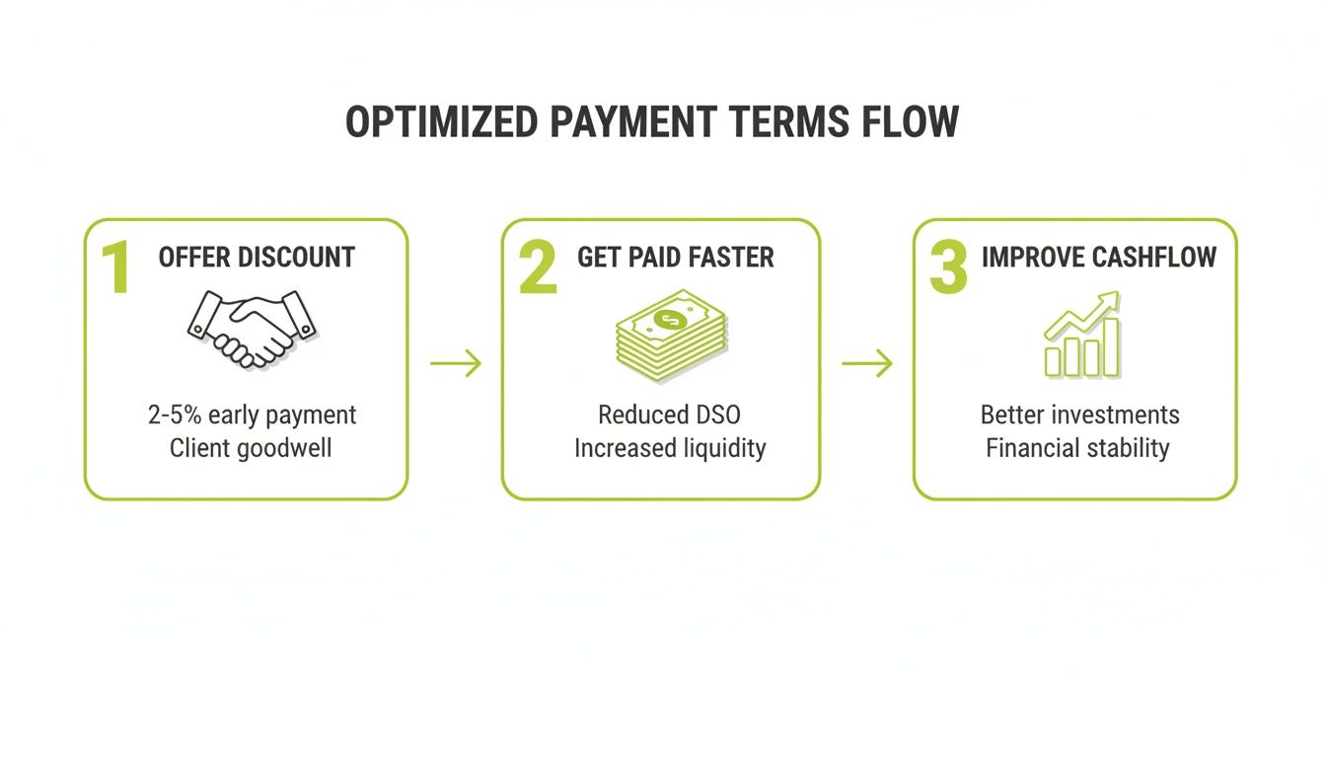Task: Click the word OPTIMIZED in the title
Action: click(x=441, y=122)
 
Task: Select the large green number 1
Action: click(x=117, y=266)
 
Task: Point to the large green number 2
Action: click(x=538, y=266)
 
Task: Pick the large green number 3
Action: click(x=948, y=266)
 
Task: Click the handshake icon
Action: click(x=251, y=329)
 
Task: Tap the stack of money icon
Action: click(x=671, y=336)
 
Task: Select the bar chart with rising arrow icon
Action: click(x=1081, y=336)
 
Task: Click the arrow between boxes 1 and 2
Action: click(x=456, y=363)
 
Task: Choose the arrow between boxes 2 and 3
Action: click(x=867, y=363)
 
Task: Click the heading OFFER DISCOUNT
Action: click(x=257, y=258)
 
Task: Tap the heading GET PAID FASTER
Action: click(x=676, y=258)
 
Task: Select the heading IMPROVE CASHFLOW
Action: click(x=1098, y=258)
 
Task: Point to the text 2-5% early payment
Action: click(x=252, y=415)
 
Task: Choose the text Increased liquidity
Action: click(x=670, y=448)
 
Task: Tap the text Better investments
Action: click(x=1079, y=415)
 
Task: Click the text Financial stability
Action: click(x=1077, y=448)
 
